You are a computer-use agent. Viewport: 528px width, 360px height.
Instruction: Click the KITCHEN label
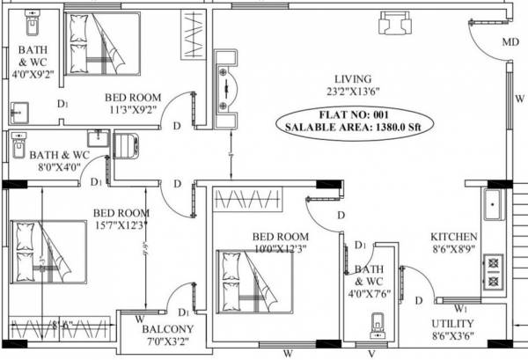click(x=454, y=237)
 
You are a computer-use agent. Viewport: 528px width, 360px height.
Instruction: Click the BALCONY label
click(x=165, y=331)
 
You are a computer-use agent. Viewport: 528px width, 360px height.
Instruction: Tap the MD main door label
click(x=510, y=42)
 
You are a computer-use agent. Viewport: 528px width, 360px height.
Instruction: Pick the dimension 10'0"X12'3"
click(x=280, y=250)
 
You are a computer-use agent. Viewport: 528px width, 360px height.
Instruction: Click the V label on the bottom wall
click(x=371, y=354)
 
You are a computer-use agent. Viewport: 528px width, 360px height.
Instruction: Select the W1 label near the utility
click(x=460, y=308)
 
